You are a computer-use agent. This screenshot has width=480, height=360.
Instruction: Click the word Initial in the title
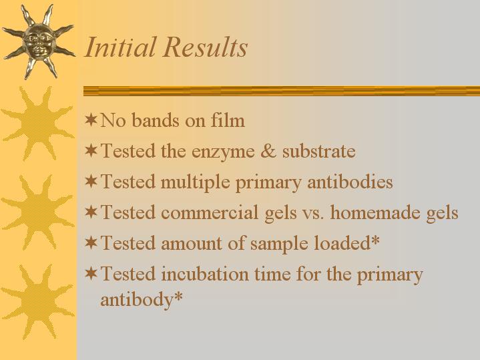(121, 47)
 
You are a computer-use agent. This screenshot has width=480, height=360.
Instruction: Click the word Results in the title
(205, 47)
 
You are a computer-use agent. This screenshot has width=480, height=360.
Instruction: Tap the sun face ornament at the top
(39, 41)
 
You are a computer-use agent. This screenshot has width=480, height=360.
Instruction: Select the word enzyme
(223, 152)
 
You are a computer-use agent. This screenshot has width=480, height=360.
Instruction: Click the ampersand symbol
(268, 151)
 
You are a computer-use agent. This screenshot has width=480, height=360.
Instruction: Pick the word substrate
(318, 151)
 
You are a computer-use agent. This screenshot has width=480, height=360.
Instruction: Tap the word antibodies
(350, 182)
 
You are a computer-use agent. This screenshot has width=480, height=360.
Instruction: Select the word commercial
(210, 212)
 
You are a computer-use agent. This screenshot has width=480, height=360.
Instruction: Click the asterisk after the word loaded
(375, 240)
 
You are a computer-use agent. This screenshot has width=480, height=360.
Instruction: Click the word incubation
(205, 274)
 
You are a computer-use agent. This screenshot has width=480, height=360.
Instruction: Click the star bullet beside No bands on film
(91, 120)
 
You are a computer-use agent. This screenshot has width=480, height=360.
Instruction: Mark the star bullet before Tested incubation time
(91, 273)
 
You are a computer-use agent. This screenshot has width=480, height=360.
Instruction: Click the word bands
(156, 120)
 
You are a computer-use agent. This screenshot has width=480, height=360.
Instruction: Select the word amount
(192, 244)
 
